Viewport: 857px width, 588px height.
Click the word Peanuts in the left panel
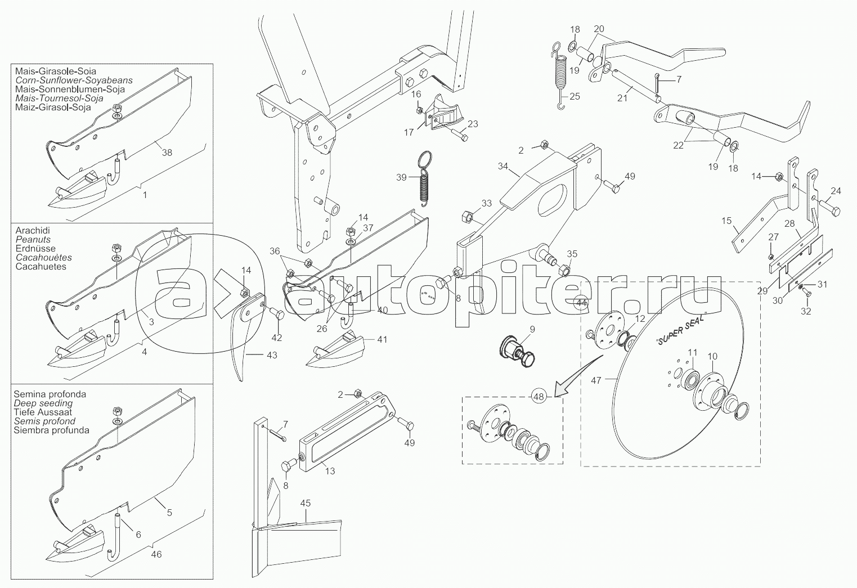[x=33, y=240]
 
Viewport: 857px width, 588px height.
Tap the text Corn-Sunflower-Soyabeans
[x=74, y=80]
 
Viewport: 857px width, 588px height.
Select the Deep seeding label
[x=43, y=403]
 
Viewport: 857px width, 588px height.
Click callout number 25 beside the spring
[x=575, y=96]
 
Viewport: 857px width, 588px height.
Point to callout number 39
[x=401, y=177]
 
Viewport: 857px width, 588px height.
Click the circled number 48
[x=539, y=397]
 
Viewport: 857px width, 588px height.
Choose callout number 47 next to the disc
[x=596, y=380]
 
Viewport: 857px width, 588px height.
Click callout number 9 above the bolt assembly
[x=532, y=329]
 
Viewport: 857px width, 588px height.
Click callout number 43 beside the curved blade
[x=272, y=356]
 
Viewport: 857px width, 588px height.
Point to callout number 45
[x=306, y=504]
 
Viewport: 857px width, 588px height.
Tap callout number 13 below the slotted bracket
[x=330, y=471]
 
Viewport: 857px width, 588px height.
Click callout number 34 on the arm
[x=503, y=166]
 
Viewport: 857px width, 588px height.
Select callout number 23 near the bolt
[x=473, y=124]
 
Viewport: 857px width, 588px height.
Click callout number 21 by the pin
[x=622, y=98]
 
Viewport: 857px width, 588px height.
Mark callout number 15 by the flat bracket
[x=726, y=221]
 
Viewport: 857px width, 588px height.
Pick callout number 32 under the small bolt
[x=806, y=311]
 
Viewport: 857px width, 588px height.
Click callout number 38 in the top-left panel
[x=167, y=152]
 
